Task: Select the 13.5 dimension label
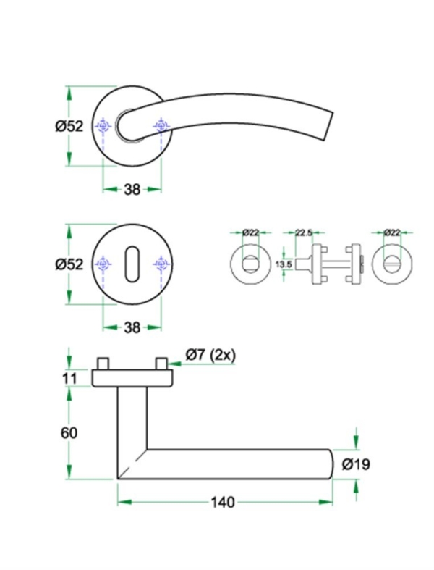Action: [x=284, y=265]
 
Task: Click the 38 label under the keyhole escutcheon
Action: [x=132, y=327]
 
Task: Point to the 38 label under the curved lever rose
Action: [x=132, y=190]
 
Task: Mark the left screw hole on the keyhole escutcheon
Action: [x=104, y=264]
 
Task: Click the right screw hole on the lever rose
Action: [x=160, y=127]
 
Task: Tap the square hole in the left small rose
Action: [x=250, y=264]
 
